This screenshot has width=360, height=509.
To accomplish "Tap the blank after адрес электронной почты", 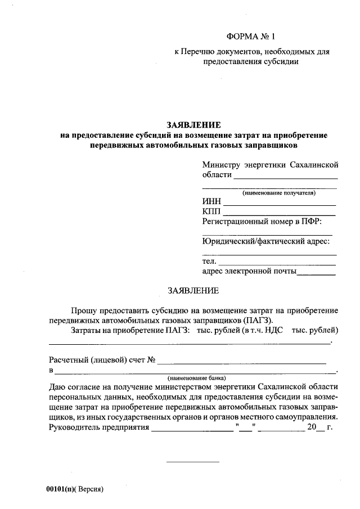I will click(x=316, y=274).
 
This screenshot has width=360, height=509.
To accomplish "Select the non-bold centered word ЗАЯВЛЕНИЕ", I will click(x=193, y=291).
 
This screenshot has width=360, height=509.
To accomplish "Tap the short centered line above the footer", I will click(x=192, y=462).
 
